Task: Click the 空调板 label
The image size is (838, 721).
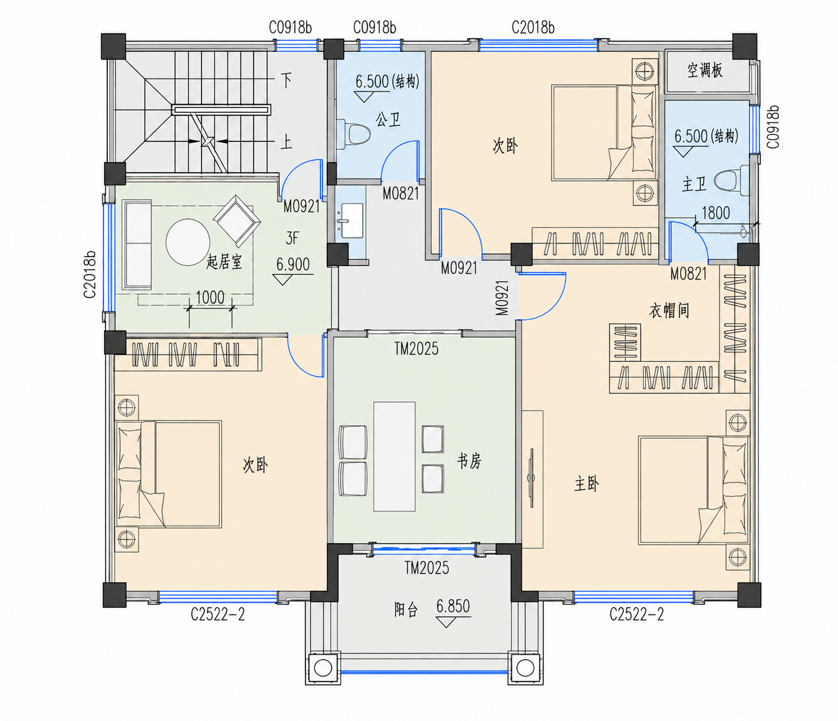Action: point(705,71)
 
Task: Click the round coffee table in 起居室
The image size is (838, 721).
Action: point(188,242)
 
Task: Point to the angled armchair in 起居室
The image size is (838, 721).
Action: point(237,221)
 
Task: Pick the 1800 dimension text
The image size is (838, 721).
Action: point(715,213)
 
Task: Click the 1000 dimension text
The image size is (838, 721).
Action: point(210,297)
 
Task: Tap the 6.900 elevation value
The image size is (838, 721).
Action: point(293,264)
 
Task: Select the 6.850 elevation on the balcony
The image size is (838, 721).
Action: point(453,606)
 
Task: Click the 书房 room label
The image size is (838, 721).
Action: point(469,461)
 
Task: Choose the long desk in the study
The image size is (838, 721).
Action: point(394,457)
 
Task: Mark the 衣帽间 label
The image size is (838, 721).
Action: point(669,311)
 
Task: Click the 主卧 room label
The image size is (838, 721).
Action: point(586,484)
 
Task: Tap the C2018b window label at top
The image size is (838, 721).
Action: point(532,27)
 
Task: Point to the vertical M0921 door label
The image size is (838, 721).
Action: point(502,298)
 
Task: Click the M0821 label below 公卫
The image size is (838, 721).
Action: point(400,193)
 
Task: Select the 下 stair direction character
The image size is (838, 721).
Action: point(286,81)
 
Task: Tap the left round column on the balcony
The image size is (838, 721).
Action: point(323,668)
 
